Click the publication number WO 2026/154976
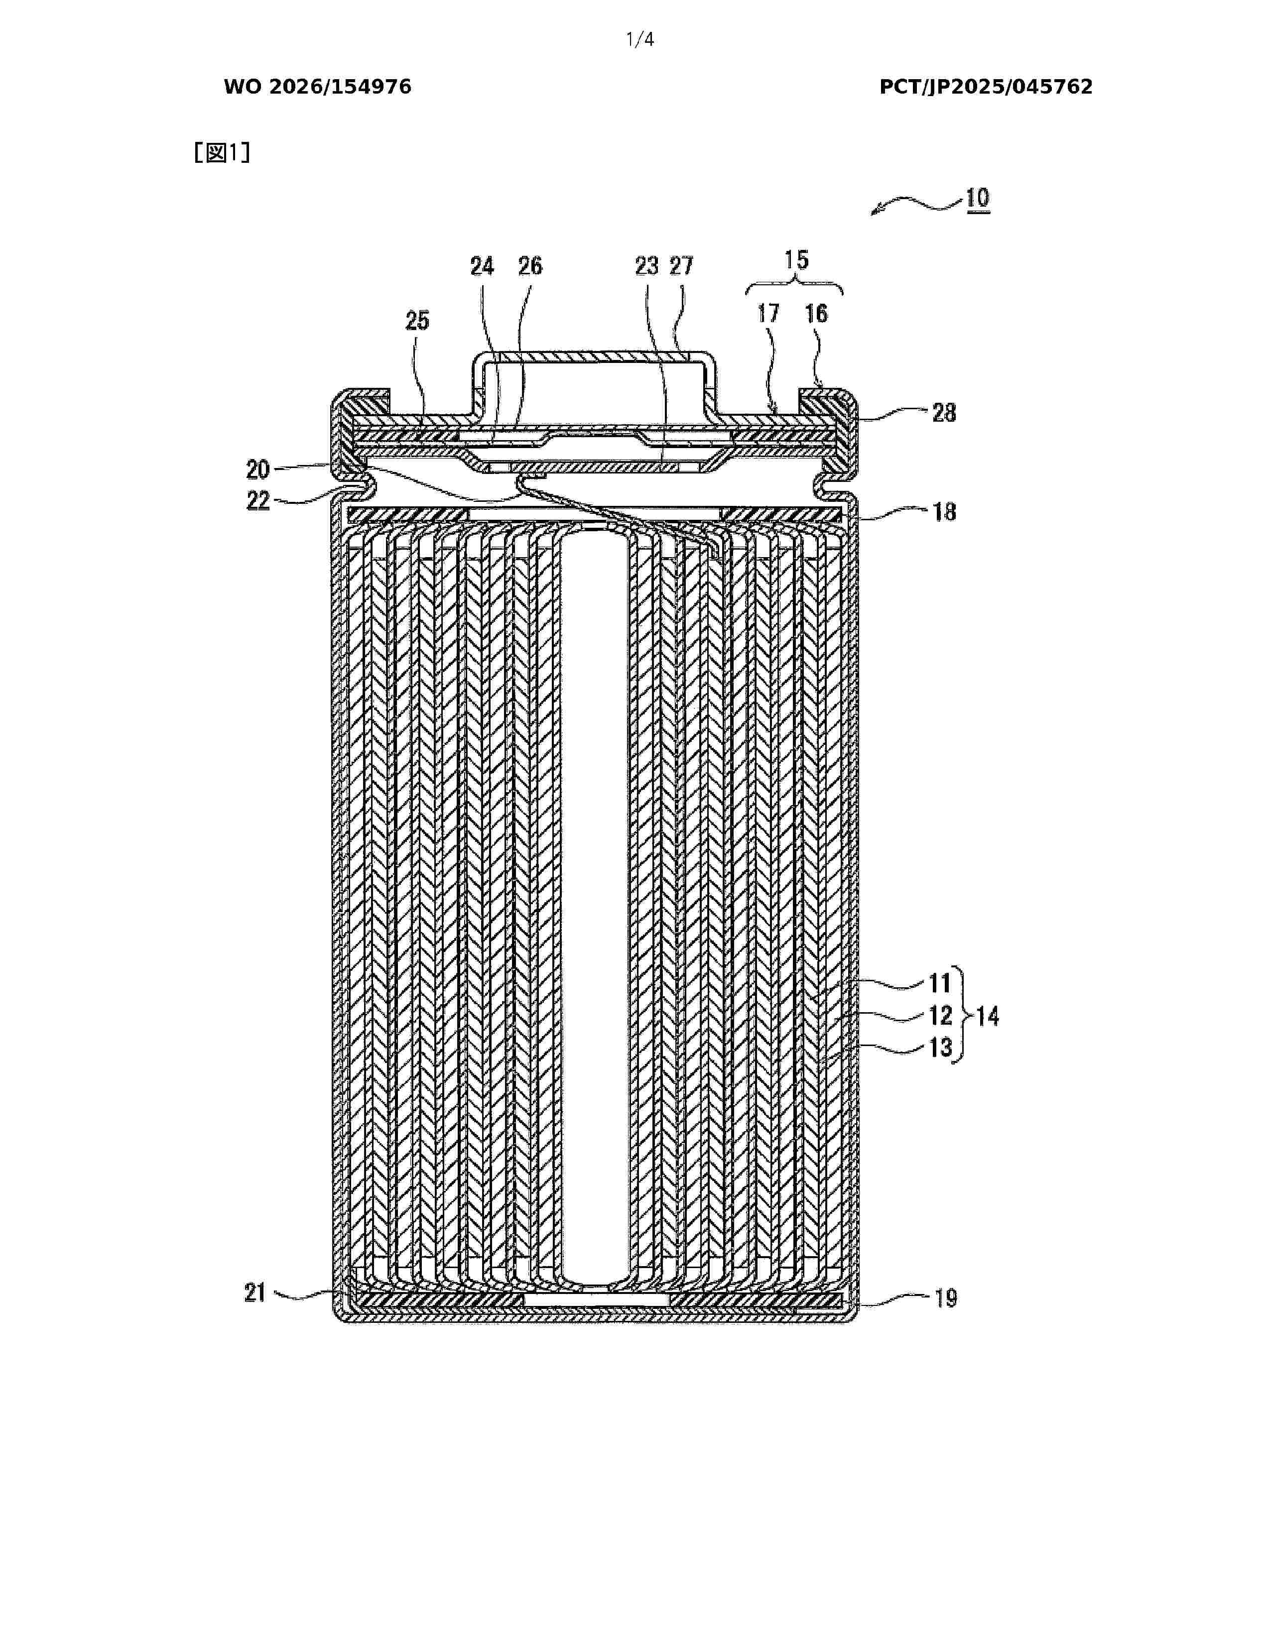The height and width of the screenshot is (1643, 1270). (x=318, y=87)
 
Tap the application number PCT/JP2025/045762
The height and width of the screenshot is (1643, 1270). (x=986, y=87)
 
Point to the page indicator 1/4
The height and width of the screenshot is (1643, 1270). (x=640, y=40)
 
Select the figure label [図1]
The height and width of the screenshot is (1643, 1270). (x=222, y=153)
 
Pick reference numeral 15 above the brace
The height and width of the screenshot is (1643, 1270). (x=796, y=260)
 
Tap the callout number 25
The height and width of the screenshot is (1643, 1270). (x=417, y=321)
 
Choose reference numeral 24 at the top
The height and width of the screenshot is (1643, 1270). (x=482, y=266)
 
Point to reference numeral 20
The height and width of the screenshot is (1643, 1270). (x=258, y=469)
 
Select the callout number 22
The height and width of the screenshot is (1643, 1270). (x=258, y=501)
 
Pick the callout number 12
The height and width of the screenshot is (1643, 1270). (x=940, y=1016)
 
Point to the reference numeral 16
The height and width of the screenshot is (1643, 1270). (x=816, y=314)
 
